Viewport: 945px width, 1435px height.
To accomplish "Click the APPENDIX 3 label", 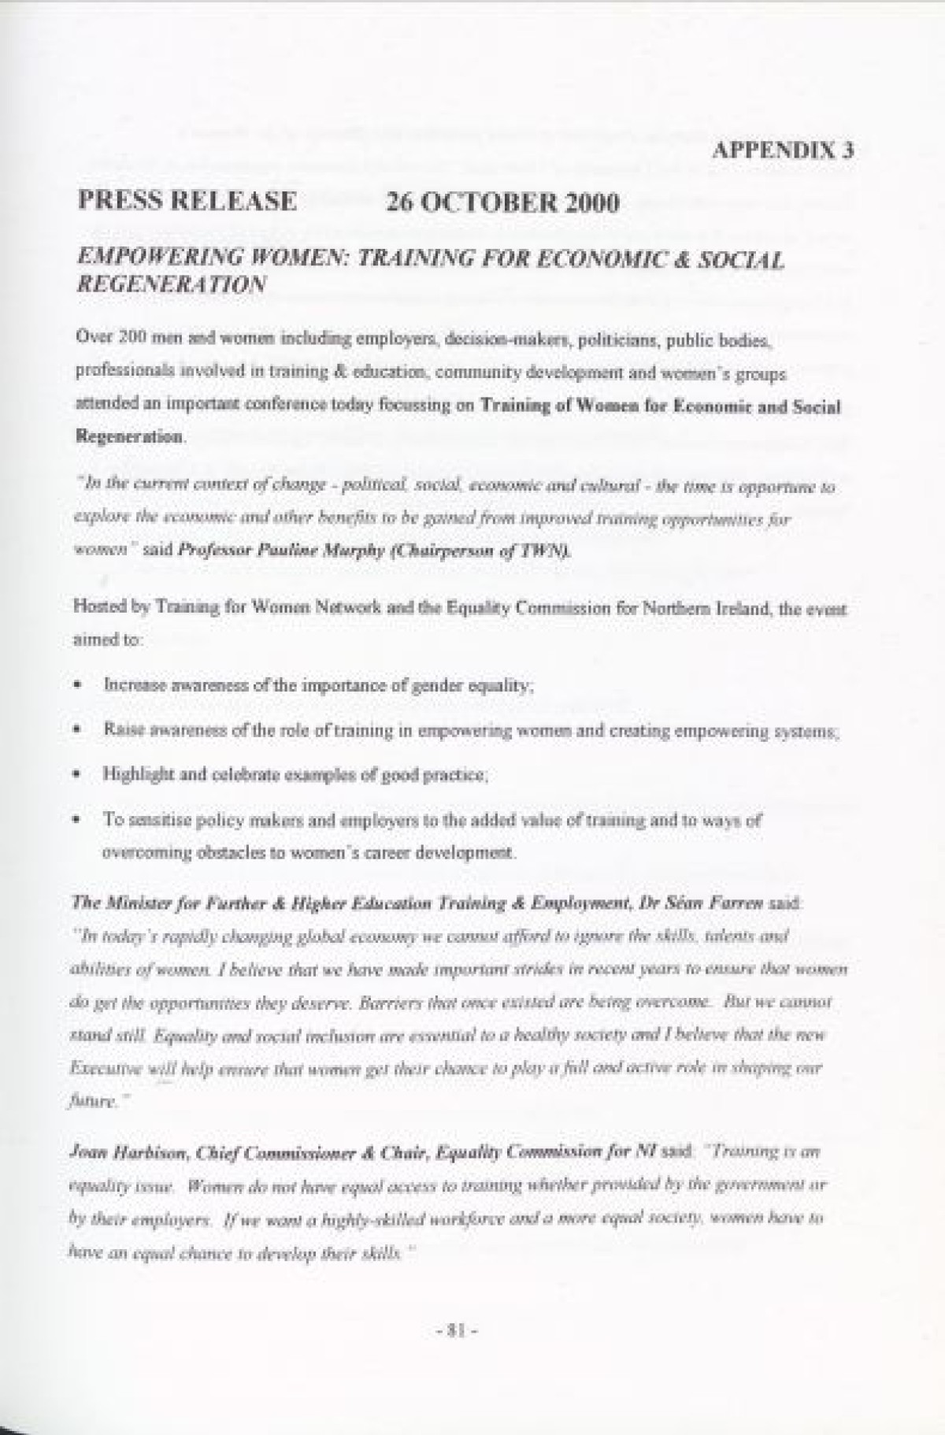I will pos(783,151).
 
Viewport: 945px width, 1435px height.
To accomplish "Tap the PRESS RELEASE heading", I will pos(187,202).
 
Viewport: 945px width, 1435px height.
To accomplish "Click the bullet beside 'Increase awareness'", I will pos(78,685).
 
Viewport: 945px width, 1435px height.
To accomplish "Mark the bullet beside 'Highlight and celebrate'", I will pos(78,774).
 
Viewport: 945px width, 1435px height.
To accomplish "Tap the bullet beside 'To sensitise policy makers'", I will pos(78,819).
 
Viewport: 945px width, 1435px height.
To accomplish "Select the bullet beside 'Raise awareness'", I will pos(78,730).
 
